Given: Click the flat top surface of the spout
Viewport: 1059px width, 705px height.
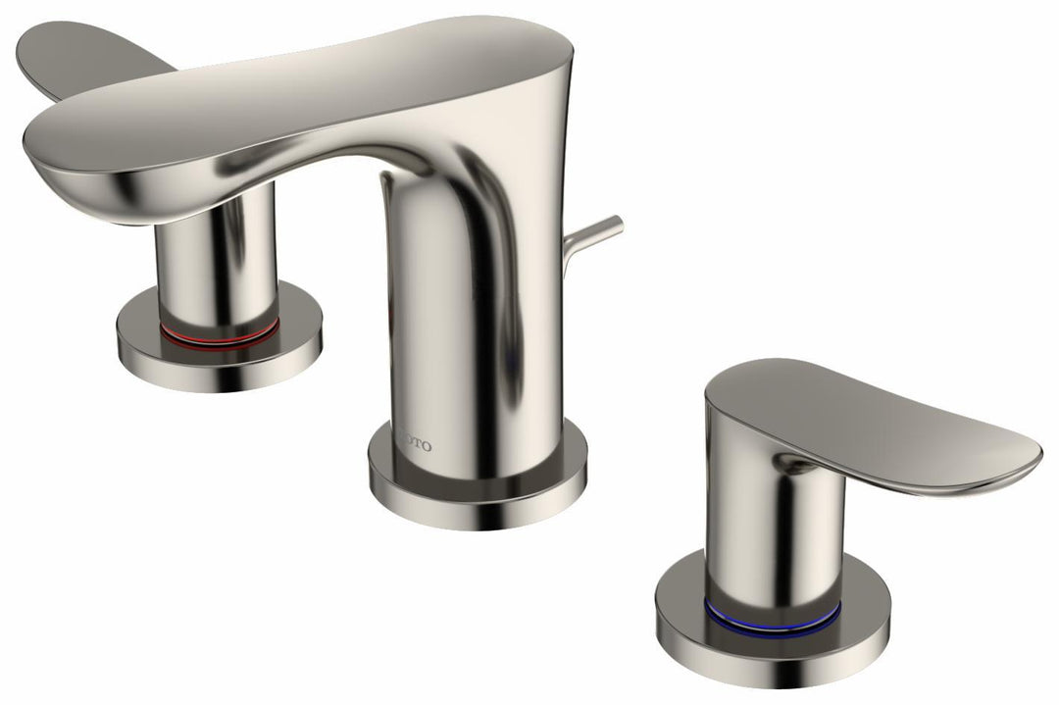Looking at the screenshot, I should [294, 98].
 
